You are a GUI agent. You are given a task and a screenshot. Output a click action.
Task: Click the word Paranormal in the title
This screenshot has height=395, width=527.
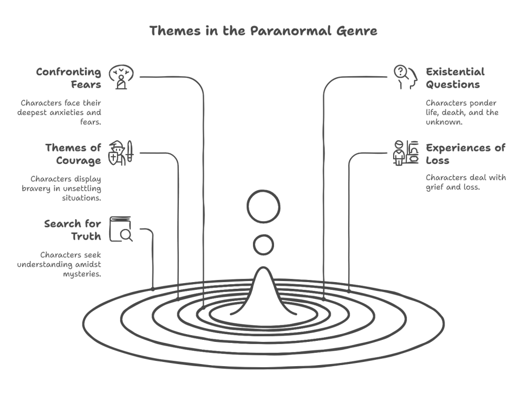(x=291, y=30)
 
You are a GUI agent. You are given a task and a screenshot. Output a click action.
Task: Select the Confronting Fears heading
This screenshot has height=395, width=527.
(x=69, y=78)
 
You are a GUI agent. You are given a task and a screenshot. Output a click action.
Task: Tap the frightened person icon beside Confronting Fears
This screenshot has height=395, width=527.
(x=121, y=77)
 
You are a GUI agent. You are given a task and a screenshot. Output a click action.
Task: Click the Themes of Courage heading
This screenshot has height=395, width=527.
(x=73, y=154)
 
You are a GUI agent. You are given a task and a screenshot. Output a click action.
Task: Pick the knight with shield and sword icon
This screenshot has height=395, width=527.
(x=121, y=153)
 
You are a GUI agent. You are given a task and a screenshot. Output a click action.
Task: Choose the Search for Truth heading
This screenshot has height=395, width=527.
(x=73, y=230)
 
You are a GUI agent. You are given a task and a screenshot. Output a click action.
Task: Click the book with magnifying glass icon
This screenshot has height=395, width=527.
(x=121, y=229)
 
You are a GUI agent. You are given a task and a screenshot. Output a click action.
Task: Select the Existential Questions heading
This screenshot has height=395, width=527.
(x=455, y=78)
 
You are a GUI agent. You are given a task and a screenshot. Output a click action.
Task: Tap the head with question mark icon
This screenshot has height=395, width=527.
(x=405, y=77)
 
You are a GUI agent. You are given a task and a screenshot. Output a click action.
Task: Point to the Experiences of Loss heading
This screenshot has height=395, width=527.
(x=466, y=154)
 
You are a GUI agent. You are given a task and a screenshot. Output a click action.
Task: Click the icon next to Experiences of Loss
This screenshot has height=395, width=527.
(x=405, y=153)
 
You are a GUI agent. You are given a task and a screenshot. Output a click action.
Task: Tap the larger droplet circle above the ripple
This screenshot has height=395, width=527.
(x=264, y=207)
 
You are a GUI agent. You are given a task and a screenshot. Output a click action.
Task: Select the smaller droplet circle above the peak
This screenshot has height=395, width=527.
(x=264, y=245)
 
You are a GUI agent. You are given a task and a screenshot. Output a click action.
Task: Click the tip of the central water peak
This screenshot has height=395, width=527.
(x=264, y=268)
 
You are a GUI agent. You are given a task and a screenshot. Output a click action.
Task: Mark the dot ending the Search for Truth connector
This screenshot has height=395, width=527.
(x=153, y=289)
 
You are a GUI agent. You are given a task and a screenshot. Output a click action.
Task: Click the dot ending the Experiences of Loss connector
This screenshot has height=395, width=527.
(x=349, y=291)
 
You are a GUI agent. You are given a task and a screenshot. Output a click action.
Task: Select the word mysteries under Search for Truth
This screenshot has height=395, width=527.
(x=82, y=274)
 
